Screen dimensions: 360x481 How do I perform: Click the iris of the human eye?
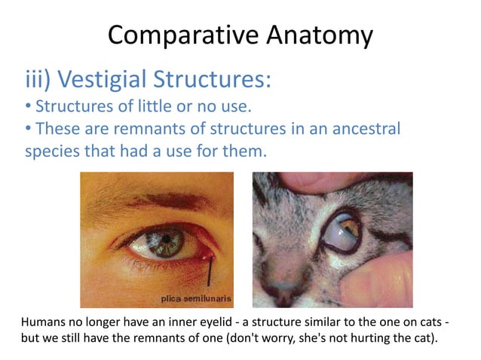161,243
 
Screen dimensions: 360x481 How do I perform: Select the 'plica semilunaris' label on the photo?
198,299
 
